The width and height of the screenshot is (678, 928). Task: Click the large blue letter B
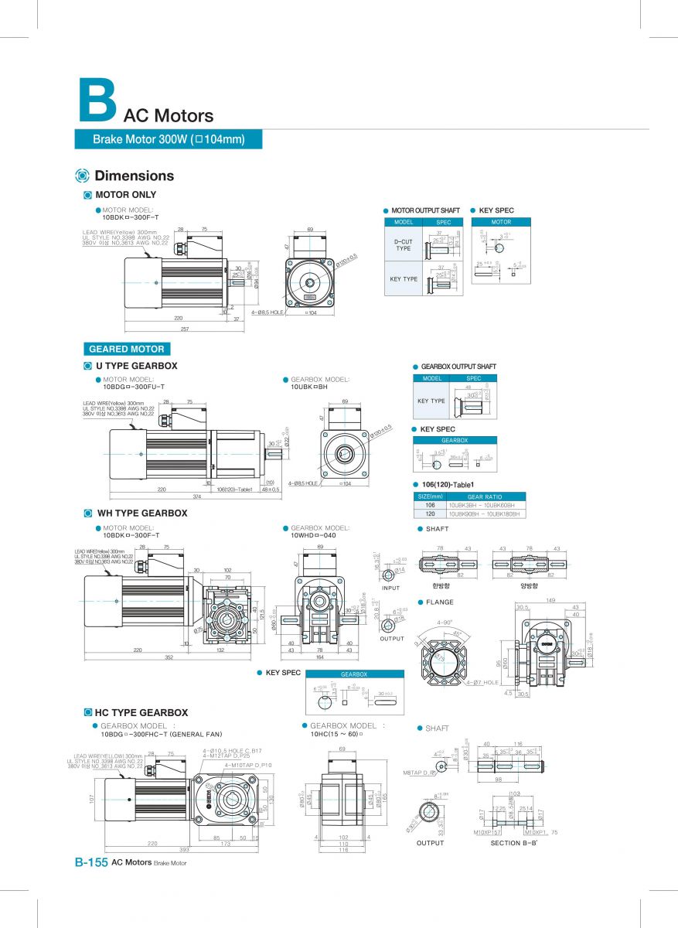coord(97,101)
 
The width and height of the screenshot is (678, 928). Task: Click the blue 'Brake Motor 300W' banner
coord(169,139)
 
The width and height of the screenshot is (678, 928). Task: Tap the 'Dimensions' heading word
coord(134,176)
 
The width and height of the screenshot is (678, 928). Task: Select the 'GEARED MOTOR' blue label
coord(127,349)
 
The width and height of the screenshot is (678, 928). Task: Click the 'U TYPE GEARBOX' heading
coord(137,366)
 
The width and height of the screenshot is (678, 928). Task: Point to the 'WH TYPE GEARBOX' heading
coord(141,513)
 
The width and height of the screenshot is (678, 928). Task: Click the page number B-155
coord(90,862)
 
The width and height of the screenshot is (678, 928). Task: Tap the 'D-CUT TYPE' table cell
coord(404,244)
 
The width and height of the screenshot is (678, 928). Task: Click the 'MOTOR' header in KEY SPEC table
coord(501,222)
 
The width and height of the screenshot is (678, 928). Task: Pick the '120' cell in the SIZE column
coord(430,513)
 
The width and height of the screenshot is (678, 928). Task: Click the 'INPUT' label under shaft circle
coord(391,587)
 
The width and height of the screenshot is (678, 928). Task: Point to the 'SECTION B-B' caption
coord(514,843)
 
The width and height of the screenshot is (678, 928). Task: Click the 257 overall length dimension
coord(184,328)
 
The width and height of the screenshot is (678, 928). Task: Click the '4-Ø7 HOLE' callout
coord(483,683)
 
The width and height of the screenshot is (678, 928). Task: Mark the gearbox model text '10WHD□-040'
coord(313,535)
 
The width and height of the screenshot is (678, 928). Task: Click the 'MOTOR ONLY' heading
coord(125,195)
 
